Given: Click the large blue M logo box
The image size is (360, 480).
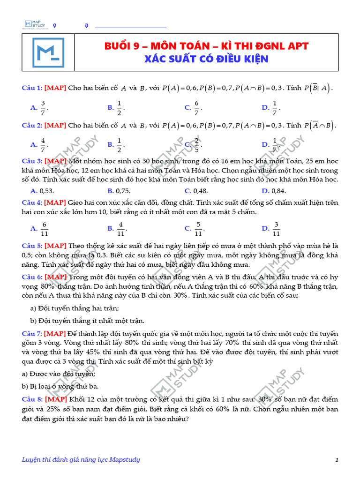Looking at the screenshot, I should point(48,52).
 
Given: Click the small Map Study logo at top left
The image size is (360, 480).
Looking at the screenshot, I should point(35,23).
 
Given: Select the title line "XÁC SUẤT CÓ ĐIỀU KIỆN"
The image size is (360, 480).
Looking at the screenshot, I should point(206,59).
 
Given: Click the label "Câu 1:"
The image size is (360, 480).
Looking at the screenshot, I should point(32,88).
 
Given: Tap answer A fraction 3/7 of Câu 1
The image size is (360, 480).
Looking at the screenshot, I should point(43,107).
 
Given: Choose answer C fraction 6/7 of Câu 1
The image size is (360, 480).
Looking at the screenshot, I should point(197,107).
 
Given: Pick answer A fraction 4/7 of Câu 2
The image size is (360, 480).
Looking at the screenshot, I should point(43,144).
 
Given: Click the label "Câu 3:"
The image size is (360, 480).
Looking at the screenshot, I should point(32,161).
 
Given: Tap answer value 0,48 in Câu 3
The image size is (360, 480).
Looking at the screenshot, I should point(200,191).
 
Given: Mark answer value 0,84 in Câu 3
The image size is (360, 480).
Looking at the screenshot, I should point(278,191).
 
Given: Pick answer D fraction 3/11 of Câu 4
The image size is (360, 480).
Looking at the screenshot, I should point(276,228).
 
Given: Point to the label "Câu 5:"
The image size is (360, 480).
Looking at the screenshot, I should point(32,246).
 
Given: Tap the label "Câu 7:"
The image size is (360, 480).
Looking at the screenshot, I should point(32,333).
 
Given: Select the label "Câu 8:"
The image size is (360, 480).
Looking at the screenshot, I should point(32,399).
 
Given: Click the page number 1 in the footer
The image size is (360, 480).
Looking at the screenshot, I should point(337,460).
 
